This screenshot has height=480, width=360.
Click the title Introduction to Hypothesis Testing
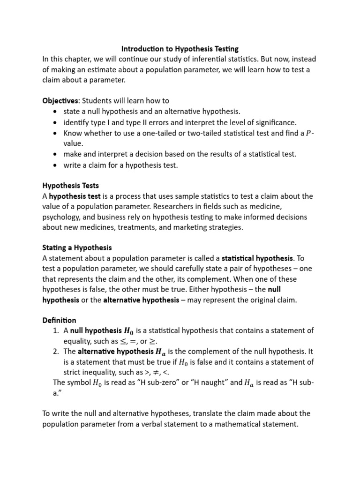point(180,48)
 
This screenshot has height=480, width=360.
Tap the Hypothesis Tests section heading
point(70,186)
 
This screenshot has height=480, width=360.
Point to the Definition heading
point(59,320)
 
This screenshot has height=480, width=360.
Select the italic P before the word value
point(308,133)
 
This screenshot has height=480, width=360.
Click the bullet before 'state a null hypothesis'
point(56,111)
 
